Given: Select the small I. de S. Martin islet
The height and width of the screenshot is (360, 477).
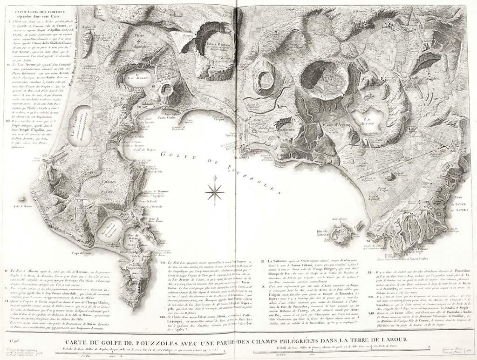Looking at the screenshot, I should pyautogui.click(x=23, y=205).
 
